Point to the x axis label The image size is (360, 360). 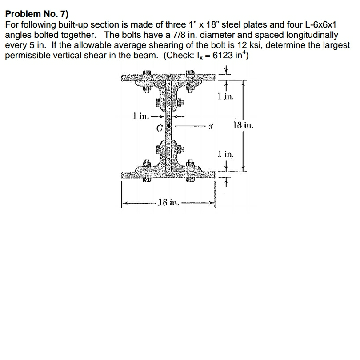tap(212, 127)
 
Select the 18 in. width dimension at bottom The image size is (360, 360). tap(168, 203)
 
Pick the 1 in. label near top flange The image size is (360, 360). tap(226, 96)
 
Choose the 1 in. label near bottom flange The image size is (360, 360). tap(226, 155)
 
